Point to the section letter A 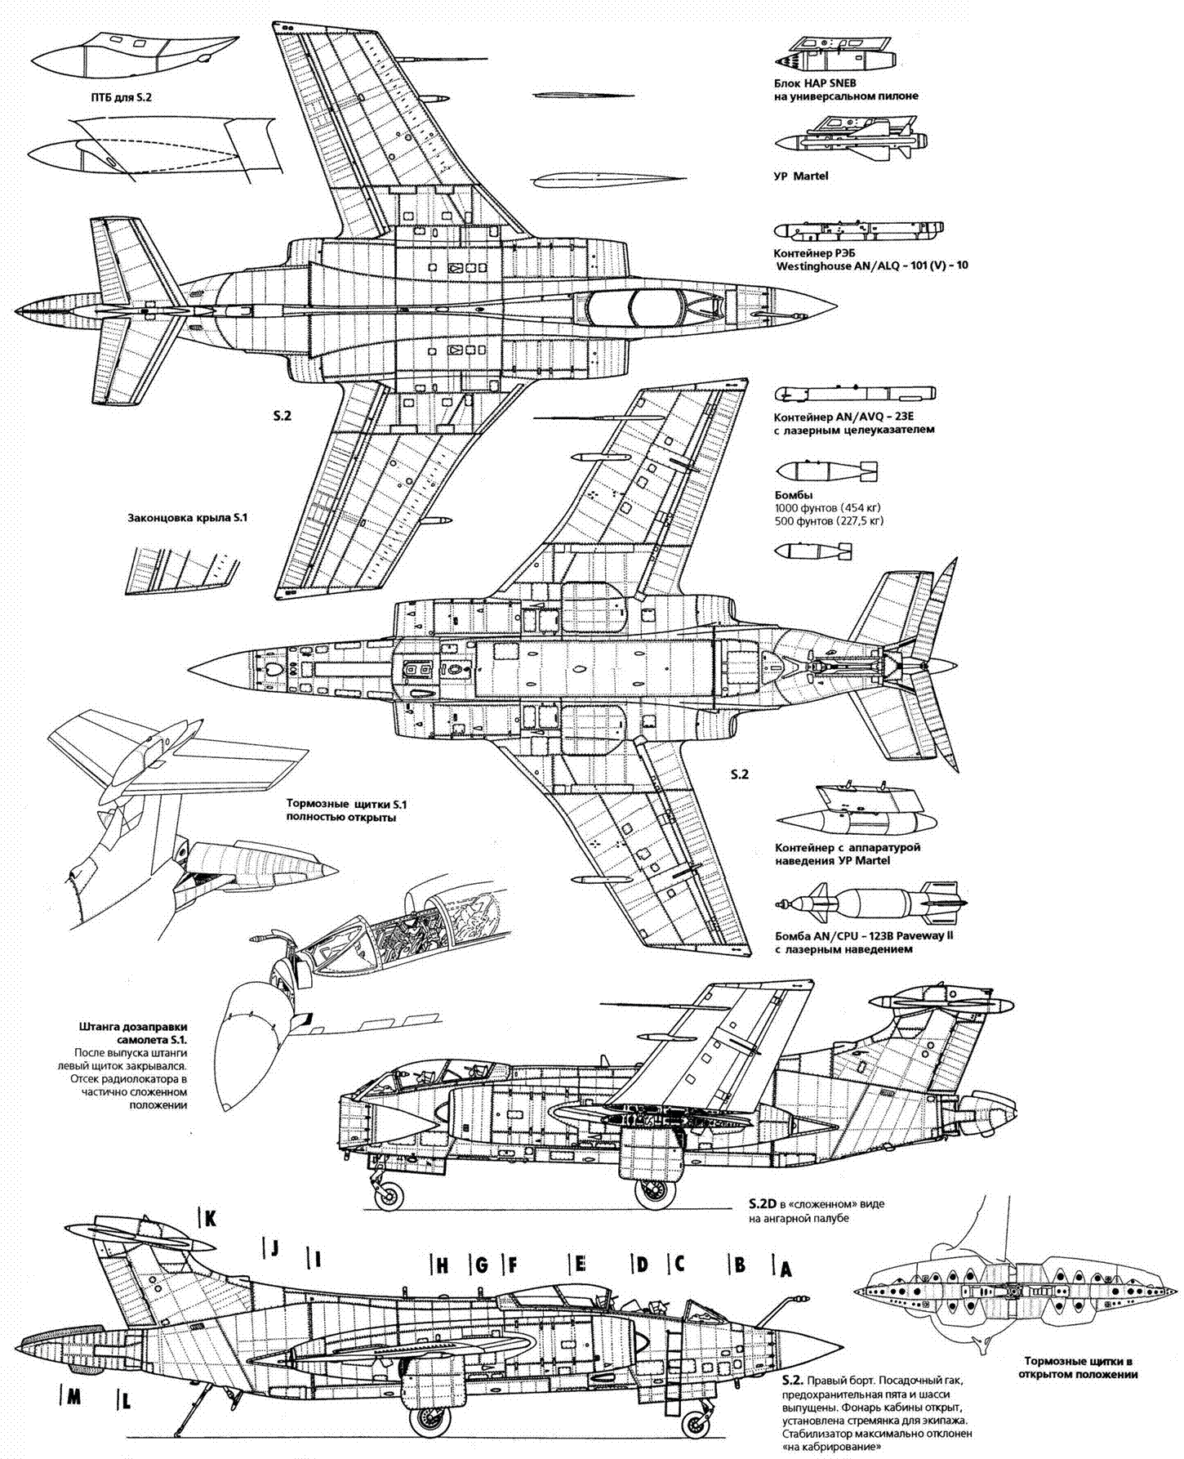click(x=786, y=1269)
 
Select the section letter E click(x=580, y=1265)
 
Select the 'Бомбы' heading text click(x=793, y=495)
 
